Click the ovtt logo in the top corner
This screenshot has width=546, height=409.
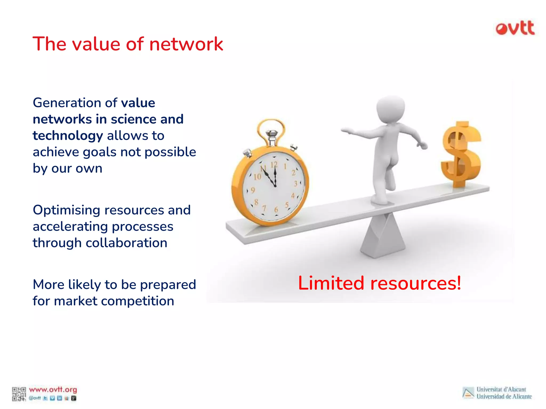pyautogui.click(x=515, y=28)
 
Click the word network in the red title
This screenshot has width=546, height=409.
pyautogui.click(x=186, y=44)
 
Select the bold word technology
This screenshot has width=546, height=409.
pyautogui.click(x=68, y=136)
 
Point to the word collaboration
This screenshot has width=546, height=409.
pyautogui.click(x=126, y=243)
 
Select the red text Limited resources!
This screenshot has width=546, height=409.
pyautogui.click(x=379, y=283)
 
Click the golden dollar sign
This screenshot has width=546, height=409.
pyautogui.click(x=461, y=154)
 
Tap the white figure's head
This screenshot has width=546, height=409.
pyautogui.click(x=391, y=109)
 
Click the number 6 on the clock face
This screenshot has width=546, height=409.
pyautogui.click(x=276, y=210)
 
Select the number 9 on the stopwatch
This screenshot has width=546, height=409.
pyautogui.click(x=253, y=190)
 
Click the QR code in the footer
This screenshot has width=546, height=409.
pyautogui.click(x=19, y=394)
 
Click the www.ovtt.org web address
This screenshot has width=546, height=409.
pyautogui.click(x=53, y=390)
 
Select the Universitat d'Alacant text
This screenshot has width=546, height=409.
pyautogui.click(x=501, y=389)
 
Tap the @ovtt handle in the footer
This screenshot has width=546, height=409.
pyautogui.click(x=35, y=398)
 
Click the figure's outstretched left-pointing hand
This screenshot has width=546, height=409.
pyautogui.click(x=346, y=130)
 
